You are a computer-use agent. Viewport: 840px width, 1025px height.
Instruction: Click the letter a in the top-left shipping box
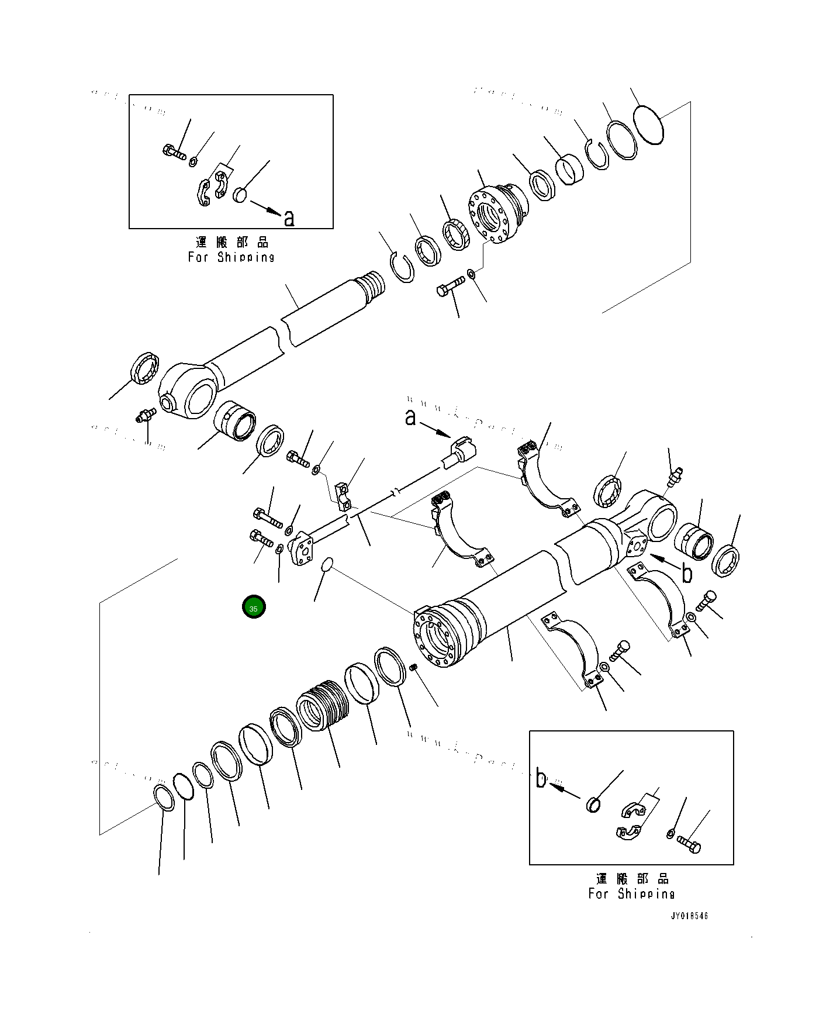pyautogui.click(x=289, y=218)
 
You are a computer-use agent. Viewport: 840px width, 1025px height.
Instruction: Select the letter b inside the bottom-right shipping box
pyautogui.click(x=541, y=779)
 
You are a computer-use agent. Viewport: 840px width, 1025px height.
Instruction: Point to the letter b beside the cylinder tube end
pyautogui.click(x=687, y=573)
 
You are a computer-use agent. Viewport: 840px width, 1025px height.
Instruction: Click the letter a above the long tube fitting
pyautogui.click(x=411, y=417)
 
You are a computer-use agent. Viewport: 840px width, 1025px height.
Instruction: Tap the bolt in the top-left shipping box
pyautogui.click(x=174, y=153)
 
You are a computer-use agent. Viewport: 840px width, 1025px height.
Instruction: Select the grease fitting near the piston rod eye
pyautogui.click(x=144, y=415)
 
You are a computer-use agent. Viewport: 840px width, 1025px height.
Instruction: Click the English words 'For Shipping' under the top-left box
pyautogui.click(x=231, y=257)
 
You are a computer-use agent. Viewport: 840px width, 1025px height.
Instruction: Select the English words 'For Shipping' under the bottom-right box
pyautogui.click(x=631, y=893)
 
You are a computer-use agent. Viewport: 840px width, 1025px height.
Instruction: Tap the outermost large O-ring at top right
pyautogui.click(x=648, y=123)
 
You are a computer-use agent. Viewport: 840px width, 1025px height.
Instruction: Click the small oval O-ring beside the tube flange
pyautogui.click(x=327, y=564)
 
